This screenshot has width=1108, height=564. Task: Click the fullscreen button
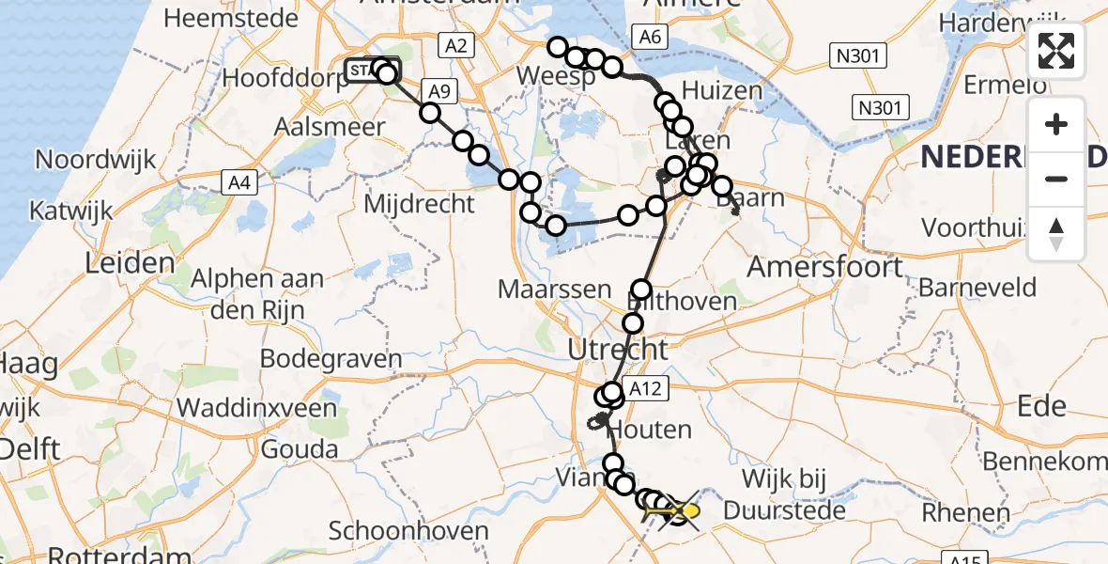(x=1056, y=51)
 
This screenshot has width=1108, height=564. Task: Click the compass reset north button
(x=1056, y=234)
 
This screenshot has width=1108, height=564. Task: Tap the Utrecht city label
(x=618, y=351)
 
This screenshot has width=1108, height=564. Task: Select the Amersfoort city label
(x=824, y=267)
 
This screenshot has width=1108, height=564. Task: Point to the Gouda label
(x=299, y=449)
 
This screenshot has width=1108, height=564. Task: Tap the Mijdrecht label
(x=419, y=202)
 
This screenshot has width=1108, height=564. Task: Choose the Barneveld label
(x=977, y=287)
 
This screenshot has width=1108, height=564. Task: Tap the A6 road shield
(x=651, y=37)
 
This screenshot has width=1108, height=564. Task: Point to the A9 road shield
(x=439, y=90)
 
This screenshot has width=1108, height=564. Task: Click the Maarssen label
(x=555, y=290)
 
